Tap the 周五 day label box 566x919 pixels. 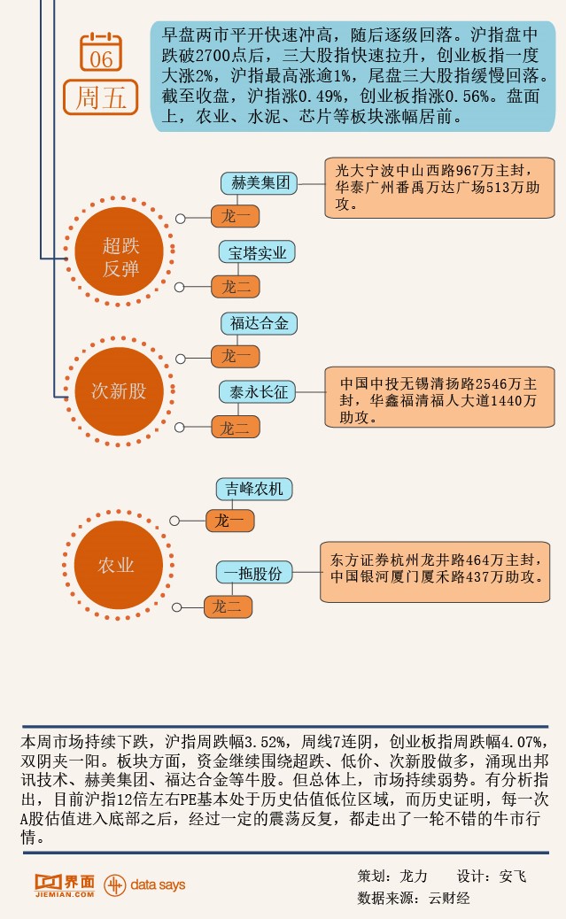pos(101,97)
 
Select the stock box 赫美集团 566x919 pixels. pos(260,184)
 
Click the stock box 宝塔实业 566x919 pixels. pos(257,252)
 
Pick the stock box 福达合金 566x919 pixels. pos(259,323)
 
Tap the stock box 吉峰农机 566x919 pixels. pos(254,488)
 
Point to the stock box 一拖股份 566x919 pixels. pos(253,573)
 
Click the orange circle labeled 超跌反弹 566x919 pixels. pos(120,257)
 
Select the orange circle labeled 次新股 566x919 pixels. pos(119,390)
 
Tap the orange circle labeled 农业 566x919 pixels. pos(116,565)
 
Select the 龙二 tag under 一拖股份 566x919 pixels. pos(229,607)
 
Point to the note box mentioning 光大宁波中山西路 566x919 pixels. pos(438,188)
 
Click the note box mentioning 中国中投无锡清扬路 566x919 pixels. pos(438,400)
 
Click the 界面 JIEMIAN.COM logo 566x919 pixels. pos(64,884)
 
